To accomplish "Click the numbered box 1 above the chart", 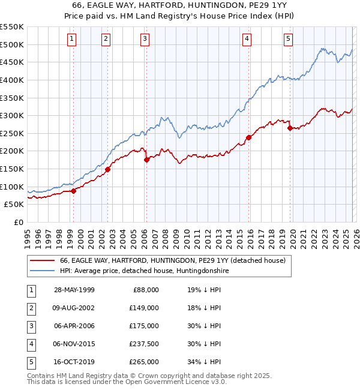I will click(72, 39).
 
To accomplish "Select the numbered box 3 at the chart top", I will click(145, 39).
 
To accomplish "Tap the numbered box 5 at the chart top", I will click(289, 39).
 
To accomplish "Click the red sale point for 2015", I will click(248, 137).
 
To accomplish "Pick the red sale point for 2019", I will click(290, 128).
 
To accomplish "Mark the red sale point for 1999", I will click(73, 191).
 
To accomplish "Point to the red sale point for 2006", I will click(146, 160).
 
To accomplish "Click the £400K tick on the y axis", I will click(13, 80).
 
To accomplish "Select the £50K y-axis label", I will click(15, 205).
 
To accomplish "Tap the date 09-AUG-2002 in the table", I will click(74, 308).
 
